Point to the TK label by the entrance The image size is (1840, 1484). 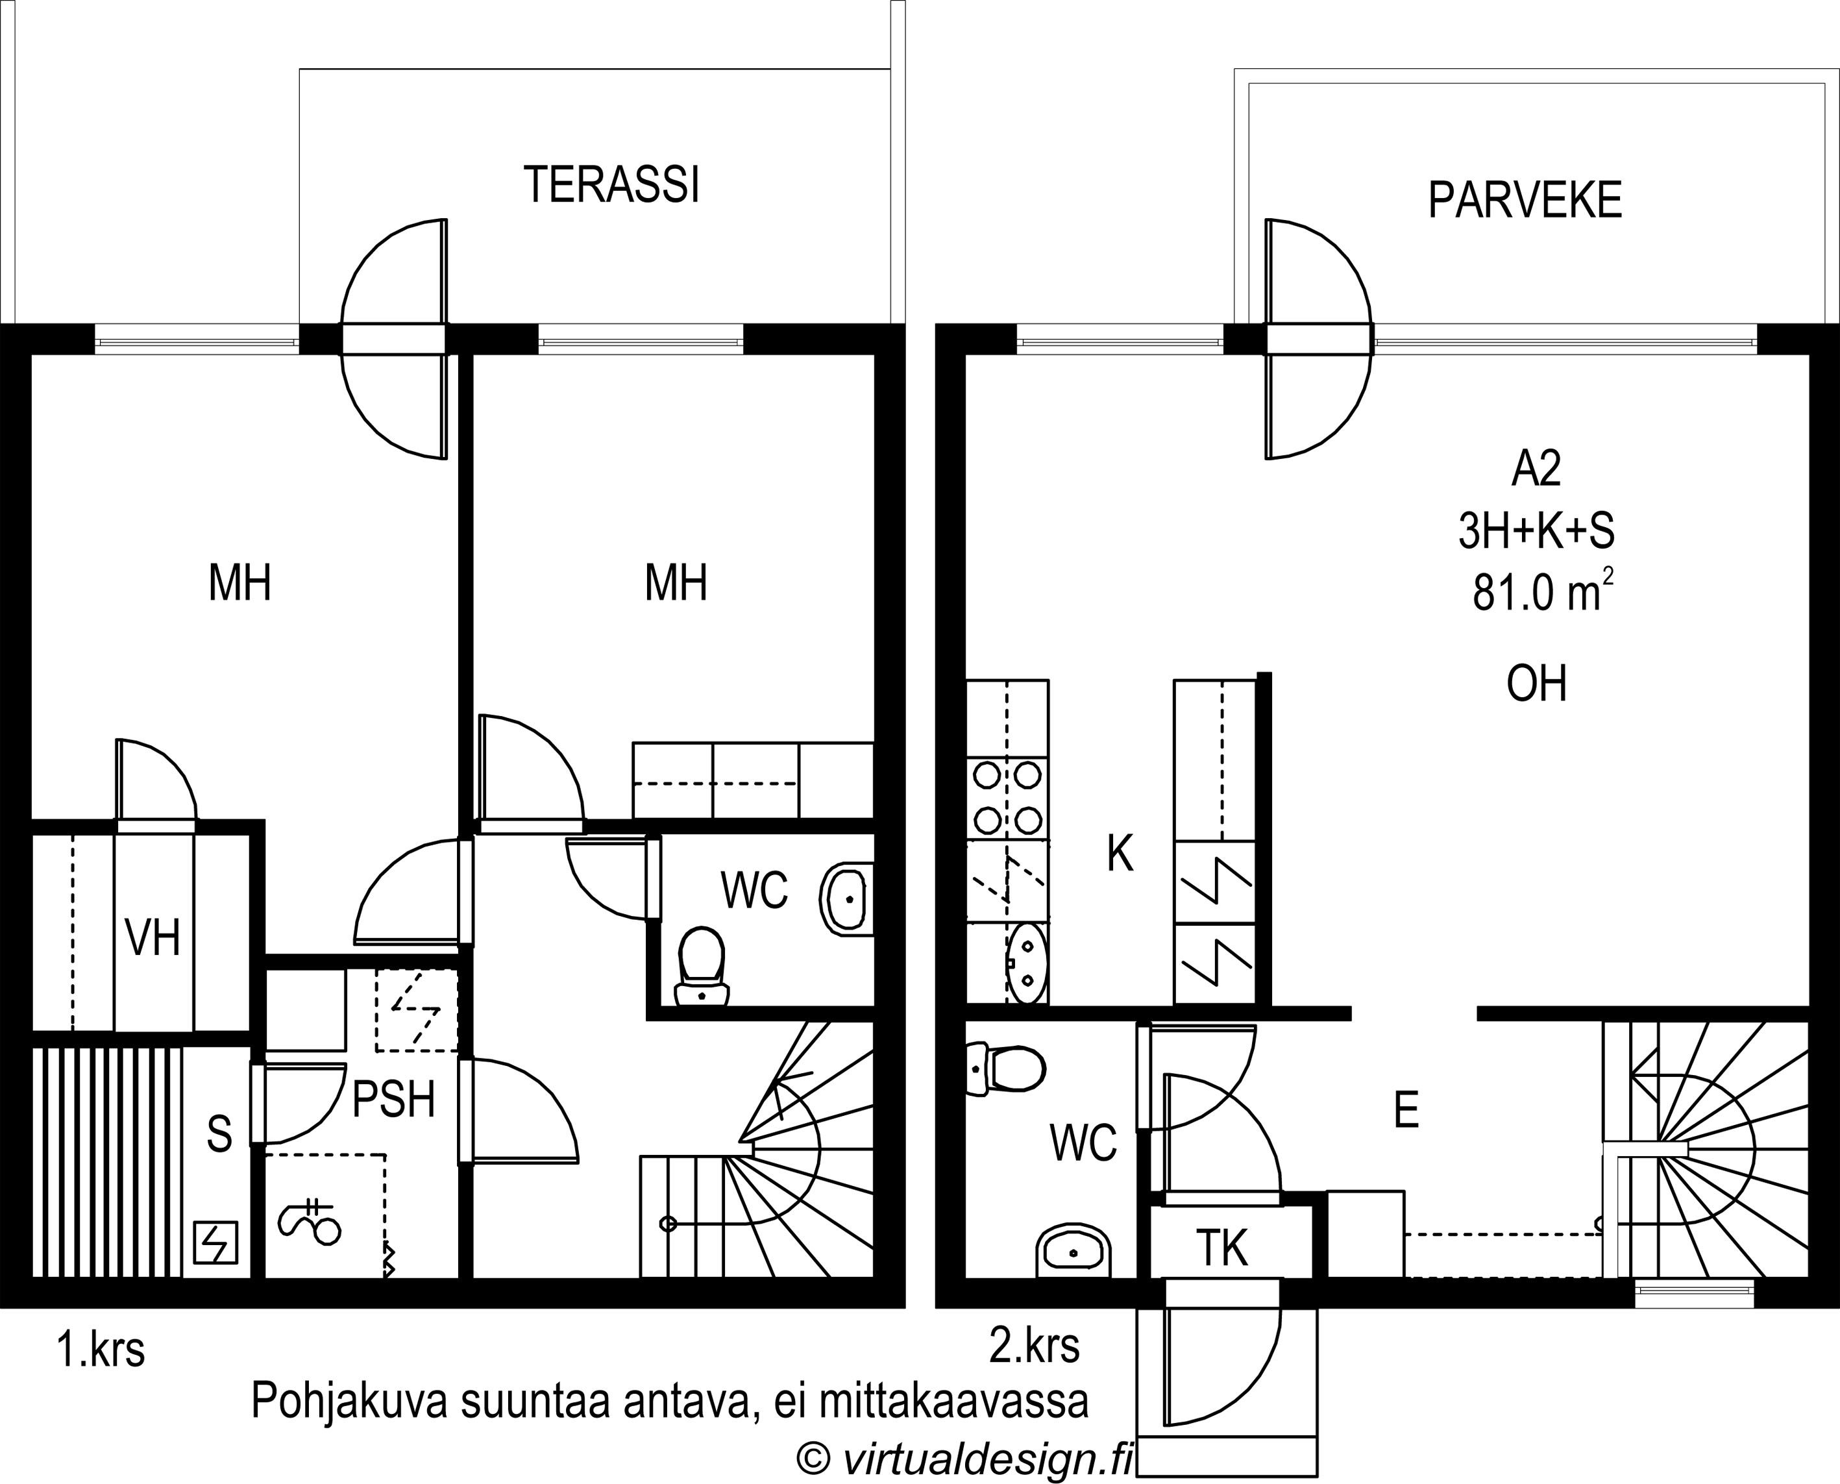coord(1222,1248)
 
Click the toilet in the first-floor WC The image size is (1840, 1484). coord(702,967)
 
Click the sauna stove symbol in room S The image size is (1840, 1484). coord(215,1242)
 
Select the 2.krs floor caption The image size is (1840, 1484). coord(1034,1344)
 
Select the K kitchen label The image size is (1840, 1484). coord(1120,853)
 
